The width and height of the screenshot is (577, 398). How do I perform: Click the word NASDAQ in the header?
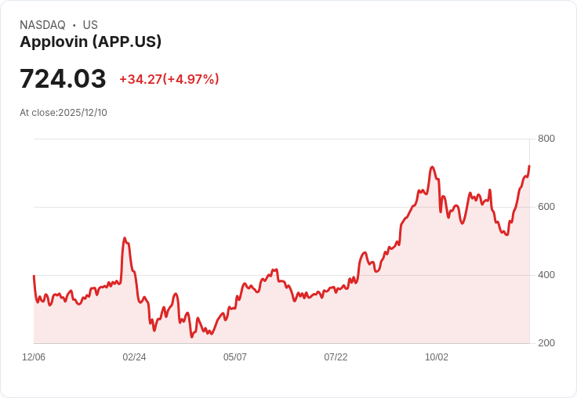point(42,25)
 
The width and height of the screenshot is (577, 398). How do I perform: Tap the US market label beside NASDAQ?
point(90,25)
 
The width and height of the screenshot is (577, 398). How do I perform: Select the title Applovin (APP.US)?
point(90,42)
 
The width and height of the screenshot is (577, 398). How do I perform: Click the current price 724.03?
point(63,79)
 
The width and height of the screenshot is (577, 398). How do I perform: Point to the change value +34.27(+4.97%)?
point(169,79)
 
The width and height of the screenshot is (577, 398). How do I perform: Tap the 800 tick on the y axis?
point(546,139)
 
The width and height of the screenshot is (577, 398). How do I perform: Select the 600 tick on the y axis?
point(546,207)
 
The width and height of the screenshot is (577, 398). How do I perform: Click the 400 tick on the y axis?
point(546,275)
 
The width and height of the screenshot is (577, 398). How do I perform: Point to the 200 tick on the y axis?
point(546,343)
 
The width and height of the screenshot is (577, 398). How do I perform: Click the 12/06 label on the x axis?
point(34,357)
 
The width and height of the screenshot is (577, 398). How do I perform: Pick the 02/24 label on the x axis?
point(134,357)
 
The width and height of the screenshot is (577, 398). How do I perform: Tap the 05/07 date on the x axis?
point(235,357)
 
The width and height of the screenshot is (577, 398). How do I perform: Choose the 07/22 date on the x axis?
point(336,357)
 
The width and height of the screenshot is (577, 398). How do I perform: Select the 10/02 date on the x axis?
point(437,357)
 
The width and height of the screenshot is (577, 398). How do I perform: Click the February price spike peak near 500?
point(124,238)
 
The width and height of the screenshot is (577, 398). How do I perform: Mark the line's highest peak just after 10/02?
point(432,167)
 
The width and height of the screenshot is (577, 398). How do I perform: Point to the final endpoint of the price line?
point(529,166)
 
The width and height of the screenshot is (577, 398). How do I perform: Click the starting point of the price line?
point(34,276)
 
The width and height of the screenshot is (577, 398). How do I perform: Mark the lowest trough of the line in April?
point(191,337)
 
